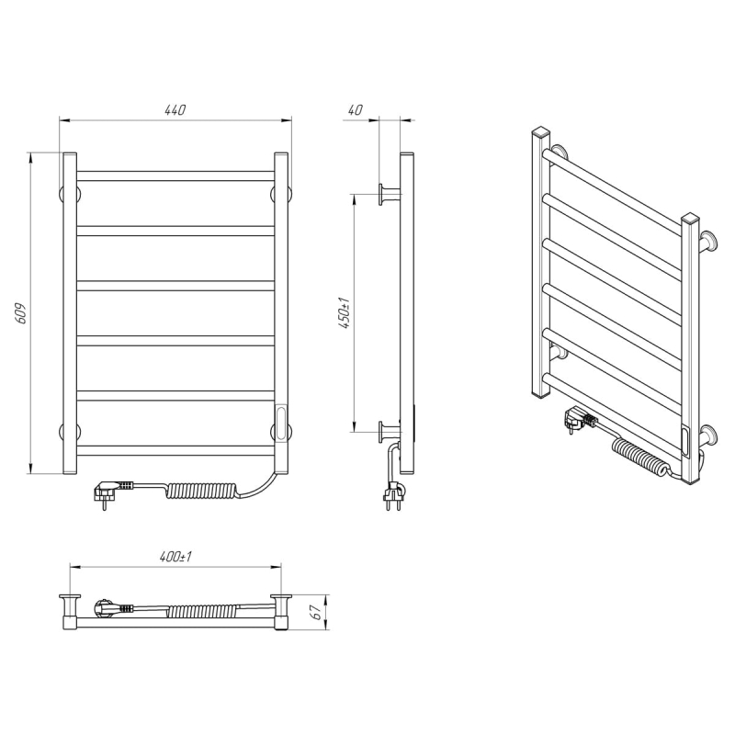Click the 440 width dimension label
pos(175,109)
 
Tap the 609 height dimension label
pos(21,313)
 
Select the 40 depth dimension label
pos(356,109)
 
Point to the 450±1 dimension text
pos(345,312)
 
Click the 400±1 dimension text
pos(175,557)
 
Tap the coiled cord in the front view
pos(201,491)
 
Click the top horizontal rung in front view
pos(175,176)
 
